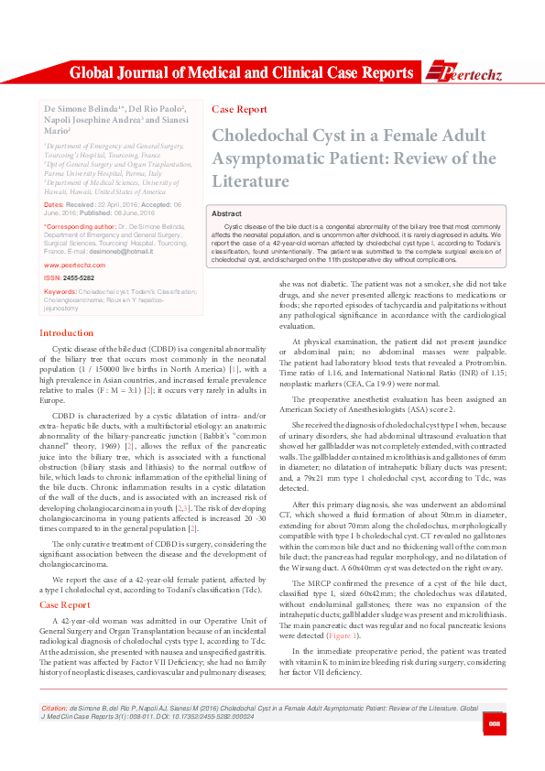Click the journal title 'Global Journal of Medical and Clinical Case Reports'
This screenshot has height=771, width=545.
[x=241, y=73]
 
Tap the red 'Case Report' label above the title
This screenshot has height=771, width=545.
[x=239, y=109]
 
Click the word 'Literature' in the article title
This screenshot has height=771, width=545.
[x=250, y=180]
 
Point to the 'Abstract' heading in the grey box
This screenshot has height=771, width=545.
[x=226, y=212]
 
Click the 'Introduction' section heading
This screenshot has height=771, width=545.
[x=67, y=333]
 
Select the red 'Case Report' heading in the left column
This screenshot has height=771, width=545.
[x=64, y=553]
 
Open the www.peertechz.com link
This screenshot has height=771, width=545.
[x=74, y=264]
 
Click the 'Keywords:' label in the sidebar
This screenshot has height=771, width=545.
[x=60, y=291]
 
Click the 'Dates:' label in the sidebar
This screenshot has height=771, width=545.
[x=54, y=204]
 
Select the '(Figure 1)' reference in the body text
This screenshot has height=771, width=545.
[x=343, y=635]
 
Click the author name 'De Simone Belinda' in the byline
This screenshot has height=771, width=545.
[x=79, y=108]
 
